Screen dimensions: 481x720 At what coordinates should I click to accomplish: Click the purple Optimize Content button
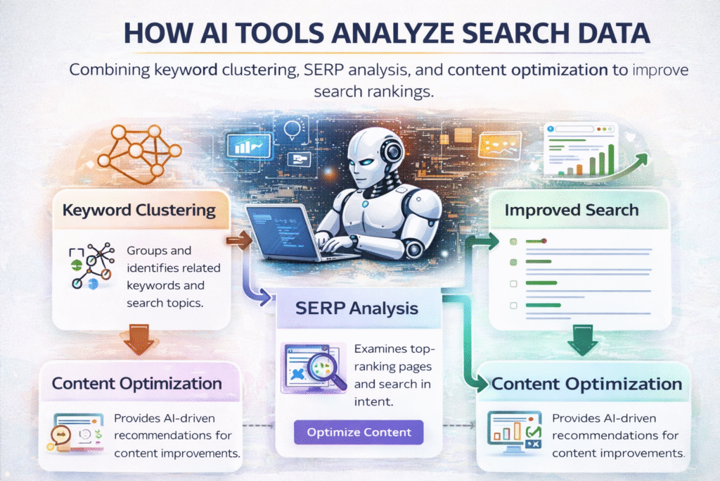tap(359, 431)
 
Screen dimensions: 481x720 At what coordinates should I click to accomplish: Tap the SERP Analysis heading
tap(359, 308)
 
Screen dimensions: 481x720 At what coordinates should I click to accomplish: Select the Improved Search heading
tap(572, 210)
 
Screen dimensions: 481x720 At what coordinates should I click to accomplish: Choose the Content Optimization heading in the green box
tap(586, 385)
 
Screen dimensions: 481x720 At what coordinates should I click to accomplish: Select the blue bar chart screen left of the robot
tap(247, 145)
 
